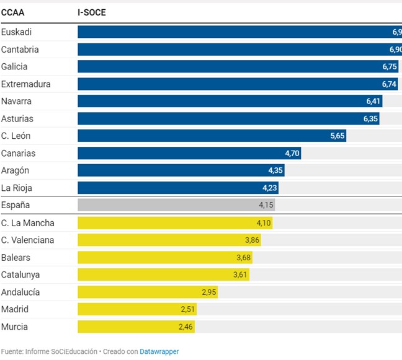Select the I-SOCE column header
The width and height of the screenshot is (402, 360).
click(x=91, y=12)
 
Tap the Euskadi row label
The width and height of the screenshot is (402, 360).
click(x=16, y=32)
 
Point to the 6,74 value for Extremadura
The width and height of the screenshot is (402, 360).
click(x=389, y=84)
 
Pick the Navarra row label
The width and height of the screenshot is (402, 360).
click(x=16, y=101)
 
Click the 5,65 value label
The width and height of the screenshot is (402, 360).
click(x=337, y=136)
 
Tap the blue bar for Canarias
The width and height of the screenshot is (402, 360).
click(x=189, y=153)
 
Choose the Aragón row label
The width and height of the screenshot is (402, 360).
click(x=15, y=170)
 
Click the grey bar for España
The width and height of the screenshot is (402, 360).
click(x=176, y=205)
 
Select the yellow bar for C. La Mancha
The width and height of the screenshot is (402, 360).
click(x=175, y=223)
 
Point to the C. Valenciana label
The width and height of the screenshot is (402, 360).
click(x=27, y=240)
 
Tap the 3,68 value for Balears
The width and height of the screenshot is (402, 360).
click(x=244, y=257)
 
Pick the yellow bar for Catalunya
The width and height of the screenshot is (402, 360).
click(x=163, y=274)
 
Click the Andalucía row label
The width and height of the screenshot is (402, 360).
click(x=20, y=292)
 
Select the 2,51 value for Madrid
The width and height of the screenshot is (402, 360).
click(x=188, y=309)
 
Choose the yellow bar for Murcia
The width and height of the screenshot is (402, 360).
click(x=136, y=327)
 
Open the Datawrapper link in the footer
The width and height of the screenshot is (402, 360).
click(x=159, y=351)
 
